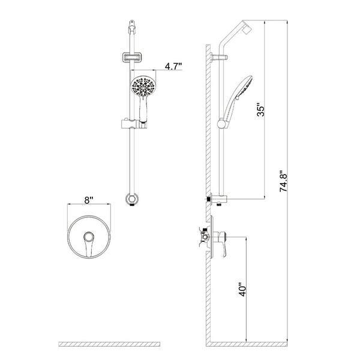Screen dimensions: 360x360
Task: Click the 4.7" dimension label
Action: click(173, 67)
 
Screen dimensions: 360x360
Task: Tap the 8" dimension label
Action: click(88, 200)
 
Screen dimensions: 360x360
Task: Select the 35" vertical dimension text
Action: click(261, 111)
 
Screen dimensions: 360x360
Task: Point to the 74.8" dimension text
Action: click(283, 181)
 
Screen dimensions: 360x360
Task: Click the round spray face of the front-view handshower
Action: click(143, 86)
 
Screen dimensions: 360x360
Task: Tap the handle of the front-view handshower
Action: click(143, 109)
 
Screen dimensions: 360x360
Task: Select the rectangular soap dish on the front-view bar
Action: click(131, 58)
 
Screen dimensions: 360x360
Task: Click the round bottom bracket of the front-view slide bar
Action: click(132, 199)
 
